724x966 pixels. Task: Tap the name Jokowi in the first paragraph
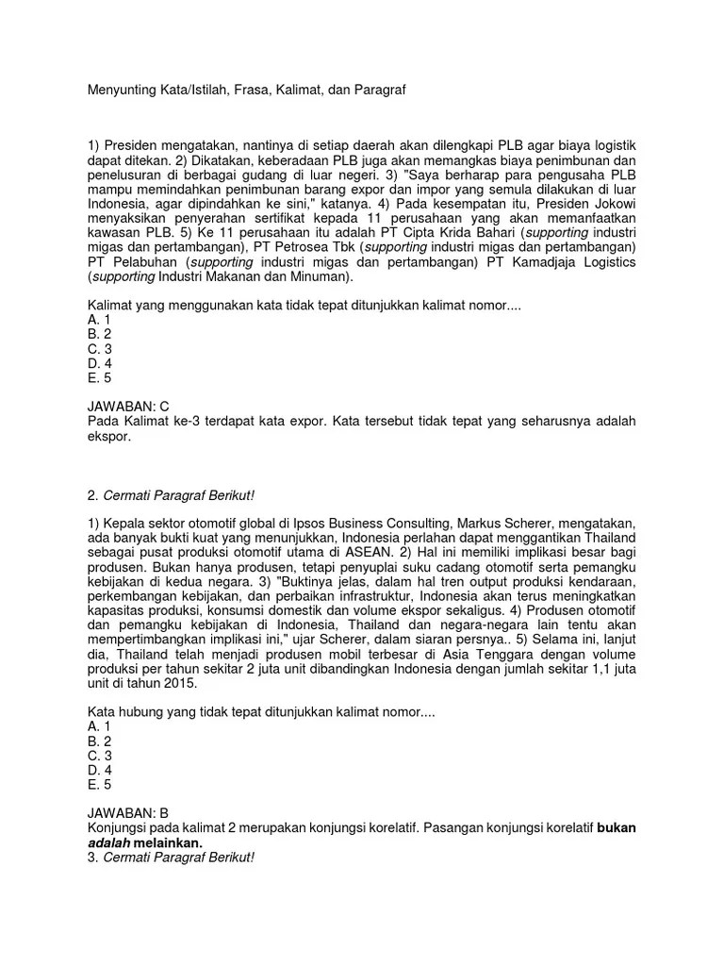611,204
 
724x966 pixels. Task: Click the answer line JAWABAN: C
127,406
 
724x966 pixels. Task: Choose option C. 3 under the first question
100,348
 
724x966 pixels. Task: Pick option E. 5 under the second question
100,784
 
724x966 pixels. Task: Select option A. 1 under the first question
99,320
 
